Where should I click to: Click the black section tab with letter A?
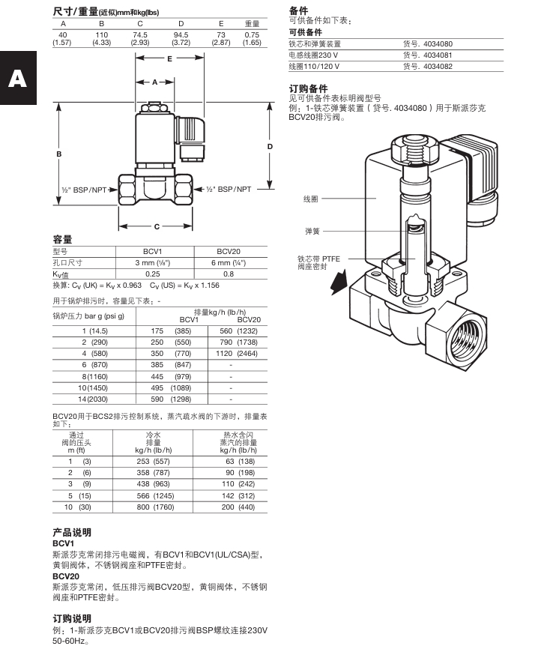coord(17,79)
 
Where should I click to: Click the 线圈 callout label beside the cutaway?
coord(311,199)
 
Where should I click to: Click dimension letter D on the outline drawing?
coord(270,147)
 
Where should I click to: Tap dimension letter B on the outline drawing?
coord(58,154)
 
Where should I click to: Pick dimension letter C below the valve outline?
coord(157,226)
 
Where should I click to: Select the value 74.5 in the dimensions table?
coord(140,34)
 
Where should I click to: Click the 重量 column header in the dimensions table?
coord(252,24)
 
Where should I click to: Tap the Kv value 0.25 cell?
coord(152,274)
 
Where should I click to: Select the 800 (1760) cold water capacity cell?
coord(154,507)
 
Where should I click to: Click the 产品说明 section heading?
coord(72,532)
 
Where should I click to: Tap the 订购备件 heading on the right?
coord(308,88)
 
